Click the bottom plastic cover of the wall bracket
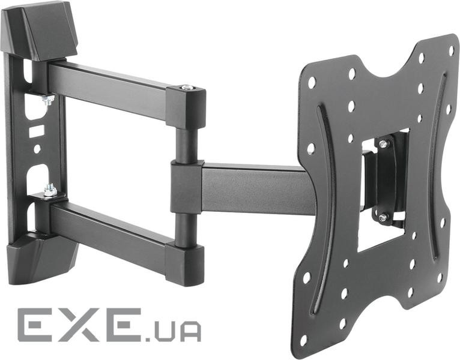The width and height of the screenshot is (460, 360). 41,257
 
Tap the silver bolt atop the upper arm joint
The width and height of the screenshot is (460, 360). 186,87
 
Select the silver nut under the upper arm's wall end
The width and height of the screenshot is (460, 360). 48,100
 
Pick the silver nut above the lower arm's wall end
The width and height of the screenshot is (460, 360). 50,190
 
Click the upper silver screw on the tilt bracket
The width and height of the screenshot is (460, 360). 383,144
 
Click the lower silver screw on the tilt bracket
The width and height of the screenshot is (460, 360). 382,217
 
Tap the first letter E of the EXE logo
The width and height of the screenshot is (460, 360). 37,325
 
